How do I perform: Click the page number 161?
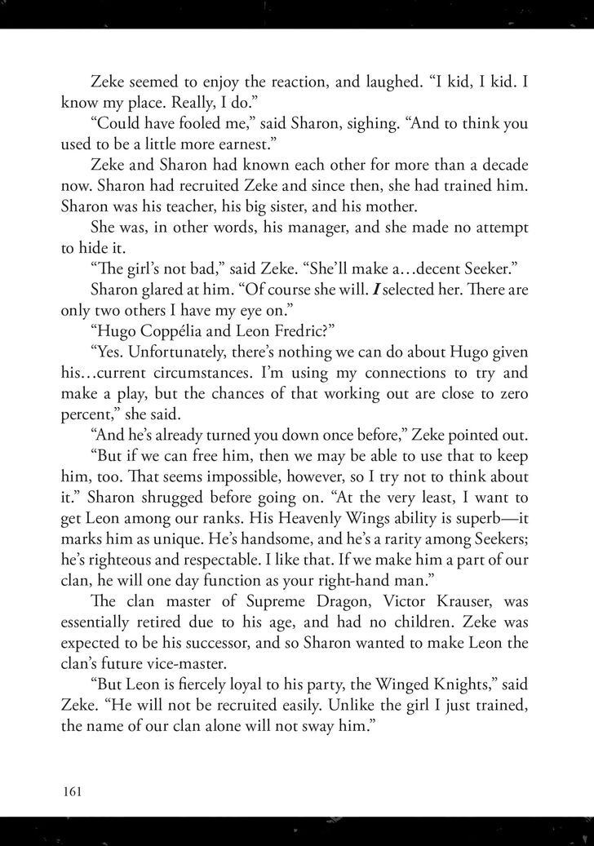point(73,791)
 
